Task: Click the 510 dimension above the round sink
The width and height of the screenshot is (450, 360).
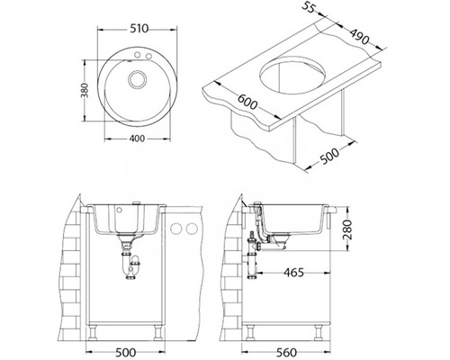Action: (x=139, y=29)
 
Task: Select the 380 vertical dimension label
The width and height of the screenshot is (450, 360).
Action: (x=85, y=91)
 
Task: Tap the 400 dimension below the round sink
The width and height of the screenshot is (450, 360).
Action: (x=137, y=139)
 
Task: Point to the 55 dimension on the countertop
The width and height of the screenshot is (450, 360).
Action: (x=309, y=7)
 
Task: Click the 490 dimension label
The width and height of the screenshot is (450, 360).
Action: (x=359, y=36)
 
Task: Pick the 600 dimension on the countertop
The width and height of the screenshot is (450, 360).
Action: (x=247, y=103)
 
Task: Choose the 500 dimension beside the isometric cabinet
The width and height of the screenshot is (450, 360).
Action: (x=329, y=156)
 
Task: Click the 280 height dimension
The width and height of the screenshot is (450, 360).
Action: (x=347, y=229)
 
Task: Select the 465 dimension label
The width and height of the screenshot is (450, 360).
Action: (x=293, y=273)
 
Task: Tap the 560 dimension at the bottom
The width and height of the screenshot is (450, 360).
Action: (x=286, y=352)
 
